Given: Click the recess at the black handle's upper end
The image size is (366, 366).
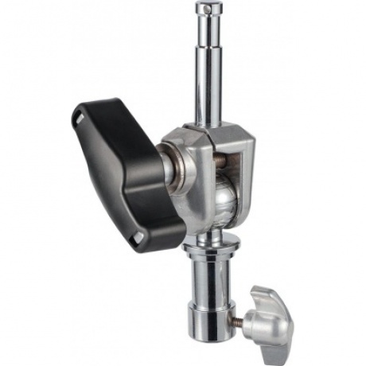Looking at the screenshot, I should [79, 117].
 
